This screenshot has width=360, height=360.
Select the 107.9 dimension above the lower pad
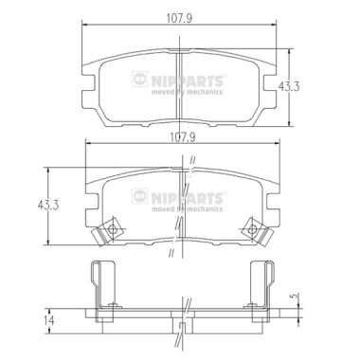[x=181, y=134]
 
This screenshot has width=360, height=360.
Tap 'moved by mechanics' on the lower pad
[x=188, y=206]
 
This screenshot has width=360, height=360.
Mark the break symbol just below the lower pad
[x=170, y=253]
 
